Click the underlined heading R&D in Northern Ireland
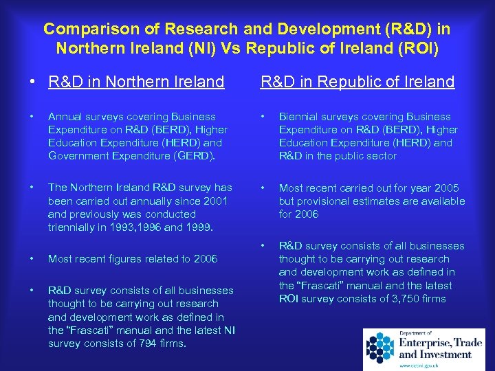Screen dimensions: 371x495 pos(136,82)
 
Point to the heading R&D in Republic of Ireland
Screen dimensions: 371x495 pos(357,82)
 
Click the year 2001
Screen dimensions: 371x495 pos(213,201)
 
